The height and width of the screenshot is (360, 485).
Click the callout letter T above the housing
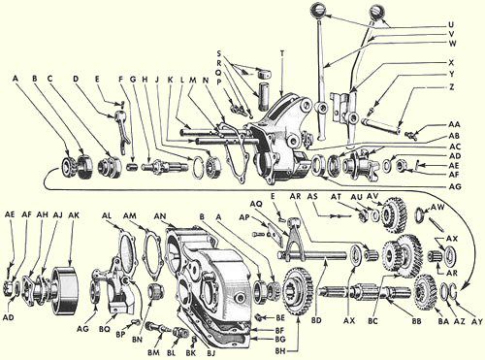pos(282,54)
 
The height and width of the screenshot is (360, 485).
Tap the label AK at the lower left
pos(74,215)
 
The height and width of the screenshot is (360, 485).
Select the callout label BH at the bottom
pos(281,350)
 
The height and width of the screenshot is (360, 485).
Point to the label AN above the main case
pos(161,215)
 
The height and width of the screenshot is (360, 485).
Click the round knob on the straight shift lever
pos(318,11)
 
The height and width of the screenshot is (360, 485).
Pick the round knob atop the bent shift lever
pos(376,13)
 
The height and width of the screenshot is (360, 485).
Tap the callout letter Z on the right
pos(452,87)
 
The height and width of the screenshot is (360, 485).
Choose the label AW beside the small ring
pos(437,207)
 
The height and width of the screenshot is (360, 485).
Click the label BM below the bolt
pos(154,352)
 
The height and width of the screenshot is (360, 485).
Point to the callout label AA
pos(455,124)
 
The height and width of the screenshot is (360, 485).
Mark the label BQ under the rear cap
pos(105,329)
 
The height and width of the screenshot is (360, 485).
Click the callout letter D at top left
pos(76,79)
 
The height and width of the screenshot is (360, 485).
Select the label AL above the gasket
pos(107,215)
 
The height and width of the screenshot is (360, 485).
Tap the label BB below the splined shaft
pos(416,321)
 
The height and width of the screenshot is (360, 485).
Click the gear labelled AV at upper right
pos(394,214)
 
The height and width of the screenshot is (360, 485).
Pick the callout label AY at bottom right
pos(477,321)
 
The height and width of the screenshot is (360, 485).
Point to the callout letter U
pos(451,24)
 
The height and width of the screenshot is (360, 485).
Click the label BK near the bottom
pos(191,352)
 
